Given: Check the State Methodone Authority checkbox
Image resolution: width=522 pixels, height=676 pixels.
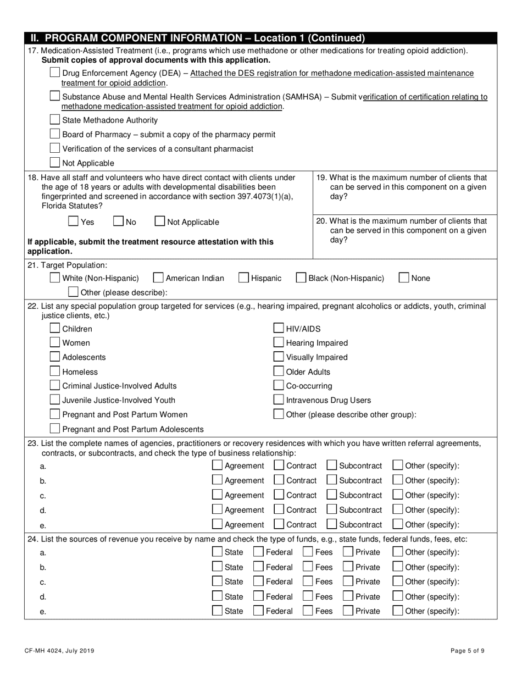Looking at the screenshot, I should [x=55, y=120].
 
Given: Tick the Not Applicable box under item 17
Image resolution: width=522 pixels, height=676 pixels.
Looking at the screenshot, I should [x=55, y=163].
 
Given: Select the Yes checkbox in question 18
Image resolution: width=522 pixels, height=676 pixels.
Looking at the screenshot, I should [x=73, y=221].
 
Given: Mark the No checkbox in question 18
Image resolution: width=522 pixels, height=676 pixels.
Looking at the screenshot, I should [x=118, y=221].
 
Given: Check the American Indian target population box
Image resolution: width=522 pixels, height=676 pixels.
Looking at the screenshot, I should [x=158, y=278].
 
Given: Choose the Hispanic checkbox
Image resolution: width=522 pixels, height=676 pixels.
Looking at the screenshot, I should [x=243, y=278].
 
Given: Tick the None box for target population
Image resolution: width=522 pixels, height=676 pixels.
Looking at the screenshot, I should [x=404, y=278].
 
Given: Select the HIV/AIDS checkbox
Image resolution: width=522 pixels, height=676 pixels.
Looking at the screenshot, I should [x=279, y=329].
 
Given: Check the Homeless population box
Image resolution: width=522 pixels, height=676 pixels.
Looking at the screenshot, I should [x=55, y=372].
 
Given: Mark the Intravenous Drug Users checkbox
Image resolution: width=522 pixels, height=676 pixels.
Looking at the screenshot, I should [x=279, y=400].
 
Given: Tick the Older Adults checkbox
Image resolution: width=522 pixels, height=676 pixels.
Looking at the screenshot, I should [x=279, y=372].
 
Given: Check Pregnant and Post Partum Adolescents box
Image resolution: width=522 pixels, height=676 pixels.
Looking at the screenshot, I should [x=55, y=429].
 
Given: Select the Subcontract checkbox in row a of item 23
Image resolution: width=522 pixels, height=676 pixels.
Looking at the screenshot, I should [x=331, y=466].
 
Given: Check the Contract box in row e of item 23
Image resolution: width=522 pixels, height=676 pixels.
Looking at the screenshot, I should [x=279, y=524].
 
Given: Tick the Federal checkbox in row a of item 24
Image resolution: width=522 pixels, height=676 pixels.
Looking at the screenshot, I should [x=258, y=552].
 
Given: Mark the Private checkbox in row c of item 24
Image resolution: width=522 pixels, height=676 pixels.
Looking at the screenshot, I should [x=348, y=581].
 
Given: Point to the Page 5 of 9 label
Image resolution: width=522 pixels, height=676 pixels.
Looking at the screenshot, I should [x=467, y=651].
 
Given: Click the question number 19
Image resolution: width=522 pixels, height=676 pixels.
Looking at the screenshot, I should [x=322, y=178].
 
